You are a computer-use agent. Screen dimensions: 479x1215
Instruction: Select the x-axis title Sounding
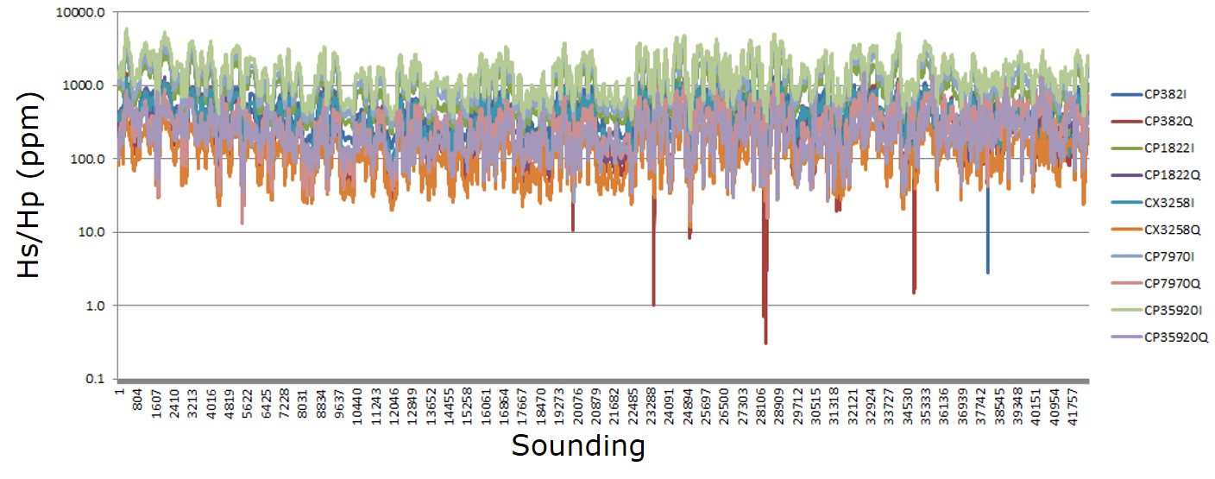577,446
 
